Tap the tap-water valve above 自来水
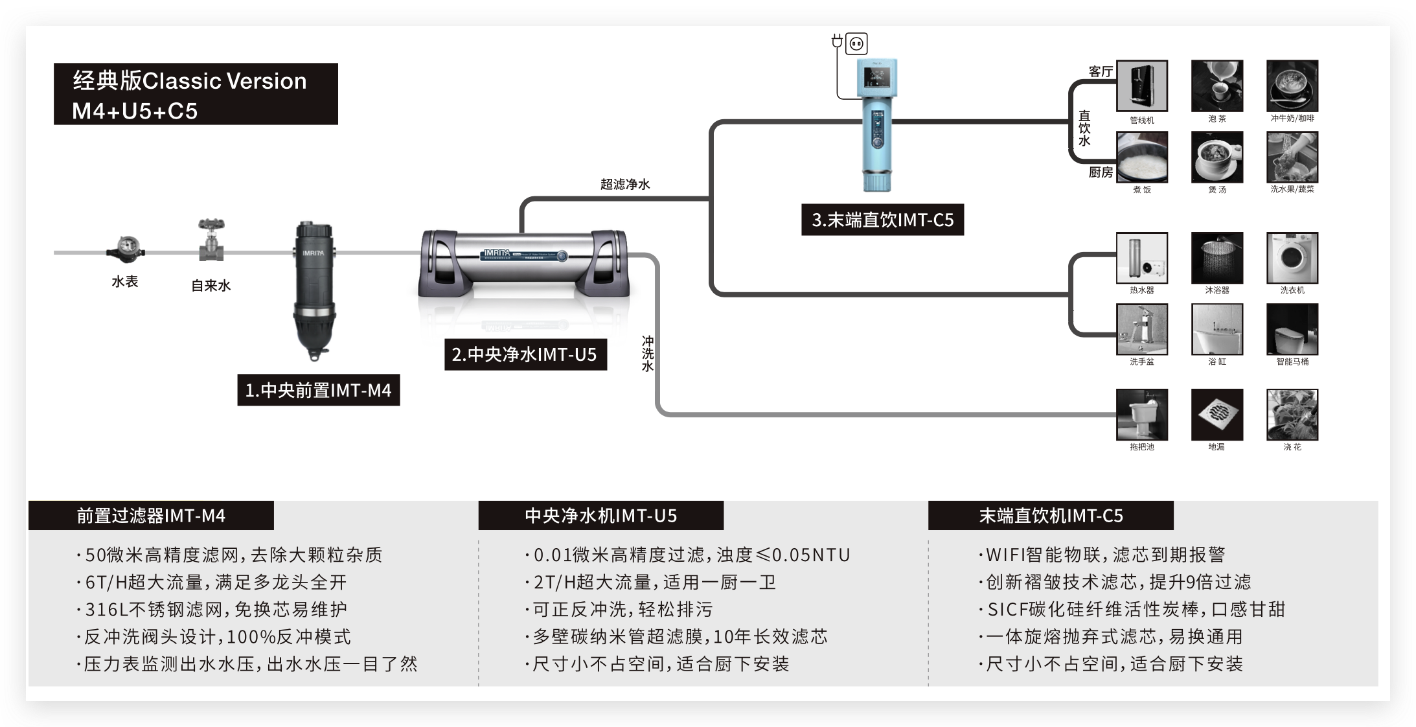[211, 241]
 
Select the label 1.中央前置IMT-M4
[318, 390]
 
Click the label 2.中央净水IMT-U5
[525, 354]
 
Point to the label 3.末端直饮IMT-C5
[882, 220]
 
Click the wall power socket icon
[856, 43]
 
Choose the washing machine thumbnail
[1292, 258]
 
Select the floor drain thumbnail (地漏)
[1216, 414]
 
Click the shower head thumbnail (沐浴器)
[1216, 258]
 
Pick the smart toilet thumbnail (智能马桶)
[1292, 329]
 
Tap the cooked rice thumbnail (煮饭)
[1141, 157]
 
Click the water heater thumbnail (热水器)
[1141, 258]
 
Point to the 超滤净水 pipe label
[624, 184]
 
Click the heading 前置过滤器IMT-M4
[151, 516]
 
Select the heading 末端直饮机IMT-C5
[1051, 516]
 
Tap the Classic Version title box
[196, 94]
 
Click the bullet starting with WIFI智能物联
[1102, 555]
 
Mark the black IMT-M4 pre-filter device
[314, 292]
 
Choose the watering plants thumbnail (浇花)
[1292, 414]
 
